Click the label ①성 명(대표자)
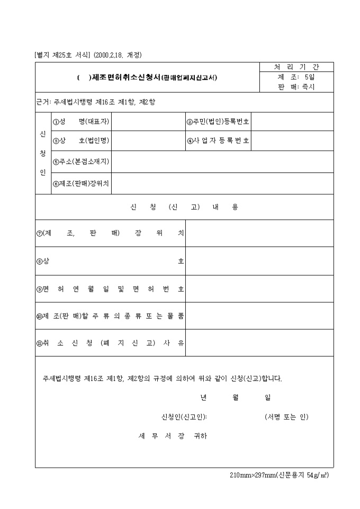(x=82, y=122)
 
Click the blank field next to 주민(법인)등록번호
(x=292, y=122)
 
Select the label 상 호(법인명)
(x=82, y=141)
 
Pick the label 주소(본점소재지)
(x=82, y=161)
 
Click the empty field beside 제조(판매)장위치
(x=222, y=184)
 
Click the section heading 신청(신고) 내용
(x=184, y=207)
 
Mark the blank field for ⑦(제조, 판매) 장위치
(x=259, y=233)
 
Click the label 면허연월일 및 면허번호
(x=110, y=289)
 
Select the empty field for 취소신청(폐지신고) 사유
(x=259, y=343)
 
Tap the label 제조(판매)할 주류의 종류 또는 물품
(x=110, y=316)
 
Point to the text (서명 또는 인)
(x=286, y=417)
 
